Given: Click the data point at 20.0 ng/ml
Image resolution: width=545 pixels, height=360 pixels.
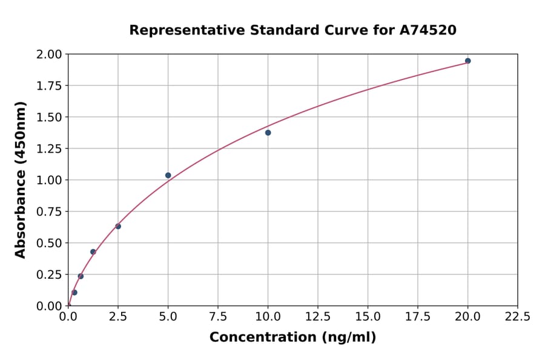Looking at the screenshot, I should pos(467,61).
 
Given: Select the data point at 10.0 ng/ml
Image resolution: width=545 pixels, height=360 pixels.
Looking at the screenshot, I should pos(268,133).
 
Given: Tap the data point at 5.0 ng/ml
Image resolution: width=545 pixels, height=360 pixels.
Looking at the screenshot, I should pos(168,175).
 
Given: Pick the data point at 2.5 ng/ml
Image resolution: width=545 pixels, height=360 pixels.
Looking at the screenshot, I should pos(118,226).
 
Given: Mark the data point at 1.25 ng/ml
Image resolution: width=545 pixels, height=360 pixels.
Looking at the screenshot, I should pos(93,252).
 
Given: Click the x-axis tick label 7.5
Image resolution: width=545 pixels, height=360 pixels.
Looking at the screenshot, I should pos(218,316).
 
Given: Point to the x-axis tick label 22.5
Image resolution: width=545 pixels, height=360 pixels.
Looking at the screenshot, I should pos(517,316).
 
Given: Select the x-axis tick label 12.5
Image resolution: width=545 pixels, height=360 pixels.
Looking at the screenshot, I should pos(318,316).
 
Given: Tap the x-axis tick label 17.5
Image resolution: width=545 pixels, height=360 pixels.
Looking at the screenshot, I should pos(417,316).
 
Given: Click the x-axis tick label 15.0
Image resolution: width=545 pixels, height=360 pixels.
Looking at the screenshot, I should pos(368,316).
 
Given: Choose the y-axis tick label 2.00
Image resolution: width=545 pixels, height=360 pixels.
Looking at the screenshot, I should pos(49,55).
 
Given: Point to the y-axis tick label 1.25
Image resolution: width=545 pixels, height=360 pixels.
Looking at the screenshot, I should pos(49,148).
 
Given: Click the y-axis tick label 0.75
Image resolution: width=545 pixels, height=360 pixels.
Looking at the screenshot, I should pos(49,212).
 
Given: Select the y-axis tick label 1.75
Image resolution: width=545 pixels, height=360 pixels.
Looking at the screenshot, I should pos(49,86).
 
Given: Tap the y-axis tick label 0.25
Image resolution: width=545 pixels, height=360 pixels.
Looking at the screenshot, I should pos(49,275).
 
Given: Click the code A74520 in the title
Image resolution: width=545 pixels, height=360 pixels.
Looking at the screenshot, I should pos(428,30).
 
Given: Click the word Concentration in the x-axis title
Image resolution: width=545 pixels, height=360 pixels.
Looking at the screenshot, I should pos(264,337).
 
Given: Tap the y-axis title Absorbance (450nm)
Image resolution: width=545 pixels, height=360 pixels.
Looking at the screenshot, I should pos(21,179).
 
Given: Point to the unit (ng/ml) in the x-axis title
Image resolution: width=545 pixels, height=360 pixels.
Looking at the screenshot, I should pos(350,337).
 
